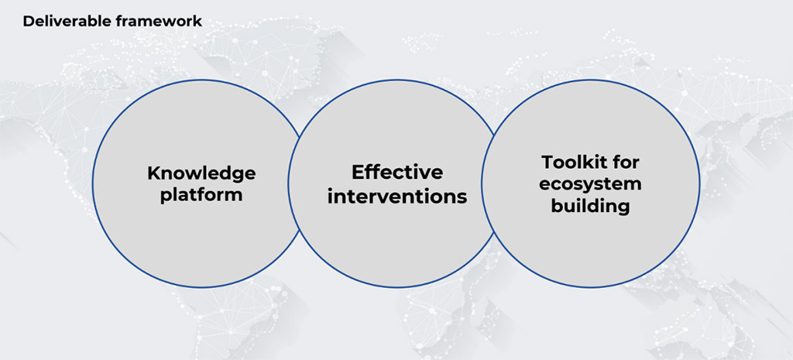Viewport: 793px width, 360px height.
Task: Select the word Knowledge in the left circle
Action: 201,174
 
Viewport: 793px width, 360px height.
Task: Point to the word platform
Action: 201,195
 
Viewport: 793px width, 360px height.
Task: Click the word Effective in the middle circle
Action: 397,172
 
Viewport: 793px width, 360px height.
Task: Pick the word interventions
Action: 397,196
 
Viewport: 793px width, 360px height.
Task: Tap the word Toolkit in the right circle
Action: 573,163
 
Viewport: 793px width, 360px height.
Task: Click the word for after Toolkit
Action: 625,163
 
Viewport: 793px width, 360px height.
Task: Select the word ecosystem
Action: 590,184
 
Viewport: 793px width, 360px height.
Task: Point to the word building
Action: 590,206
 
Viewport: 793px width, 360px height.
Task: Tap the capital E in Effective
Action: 358,172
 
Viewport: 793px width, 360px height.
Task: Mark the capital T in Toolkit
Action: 548,163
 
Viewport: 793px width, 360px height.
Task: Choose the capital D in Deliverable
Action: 29,21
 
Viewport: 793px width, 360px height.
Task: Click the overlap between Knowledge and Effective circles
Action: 295,183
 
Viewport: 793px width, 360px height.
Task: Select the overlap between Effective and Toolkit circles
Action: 489,183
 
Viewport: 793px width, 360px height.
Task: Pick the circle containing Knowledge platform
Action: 93,183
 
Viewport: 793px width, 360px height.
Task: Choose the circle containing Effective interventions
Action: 397,80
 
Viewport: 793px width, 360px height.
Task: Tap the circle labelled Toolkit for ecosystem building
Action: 700,183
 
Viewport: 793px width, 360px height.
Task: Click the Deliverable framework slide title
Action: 112,21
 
